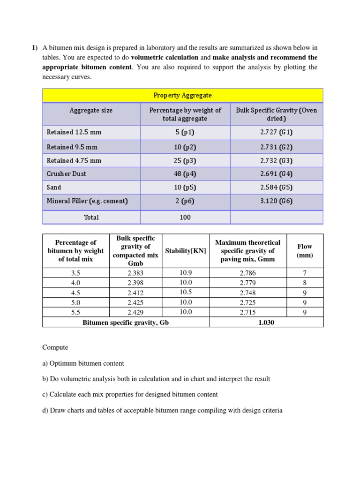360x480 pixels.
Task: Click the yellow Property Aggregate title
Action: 183,95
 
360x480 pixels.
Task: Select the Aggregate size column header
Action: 91,111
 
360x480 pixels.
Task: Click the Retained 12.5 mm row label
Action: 74,132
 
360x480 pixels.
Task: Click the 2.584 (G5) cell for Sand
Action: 276,187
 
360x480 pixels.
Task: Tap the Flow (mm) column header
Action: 305,251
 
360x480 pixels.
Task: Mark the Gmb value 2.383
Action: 135,272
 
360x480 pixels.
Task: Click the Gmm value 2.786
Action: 247,272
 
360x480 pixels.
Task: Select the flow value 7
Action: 305,272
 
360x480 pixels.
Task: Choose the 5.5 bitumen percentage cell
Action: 75,312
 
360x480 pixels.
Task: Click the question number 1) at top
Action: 35,48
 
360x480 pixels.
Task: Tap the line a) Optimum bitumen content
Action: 83,363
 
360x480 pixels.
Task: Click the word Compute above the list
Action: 55,347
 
